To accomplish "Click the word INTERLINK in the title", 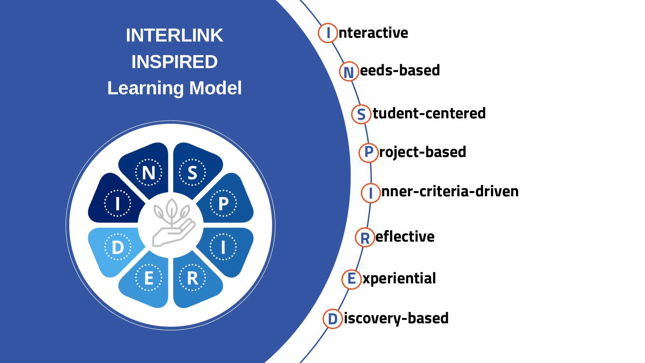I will [174, 35].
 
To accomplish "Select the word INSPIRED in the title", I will [174, 62].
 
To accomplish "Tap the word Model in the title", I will [215, 88].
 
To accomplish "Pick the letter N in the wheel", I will [148, 173].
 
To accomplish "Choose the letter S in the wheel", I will [192, 173].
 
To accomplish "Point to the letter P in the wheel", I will [223, 204].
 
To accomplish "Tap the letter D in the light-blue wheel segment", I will [118, 247].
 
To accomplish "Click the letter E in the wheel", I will [148, 278].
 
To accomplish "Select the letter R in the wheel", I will [192, 278].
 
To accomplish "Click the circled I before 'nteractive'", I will [328, 33].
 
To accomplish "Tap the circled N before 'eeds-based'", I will [349, 72].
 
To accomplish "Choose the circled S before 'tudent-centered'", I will [361, 114].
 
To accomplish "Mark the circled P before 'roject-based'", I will [369, 152].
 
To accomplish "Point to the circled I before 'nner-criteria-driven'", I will [371, 193].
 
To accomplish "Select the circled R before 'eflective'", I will [365, 238].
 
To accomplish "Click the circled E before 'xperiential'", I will [351, 279].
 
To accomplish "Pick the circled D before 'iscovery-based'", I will [333, 319].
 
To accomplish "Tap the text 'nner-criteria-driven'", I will [450, 192].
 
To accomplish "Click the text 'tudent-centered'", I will [429, 114].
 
